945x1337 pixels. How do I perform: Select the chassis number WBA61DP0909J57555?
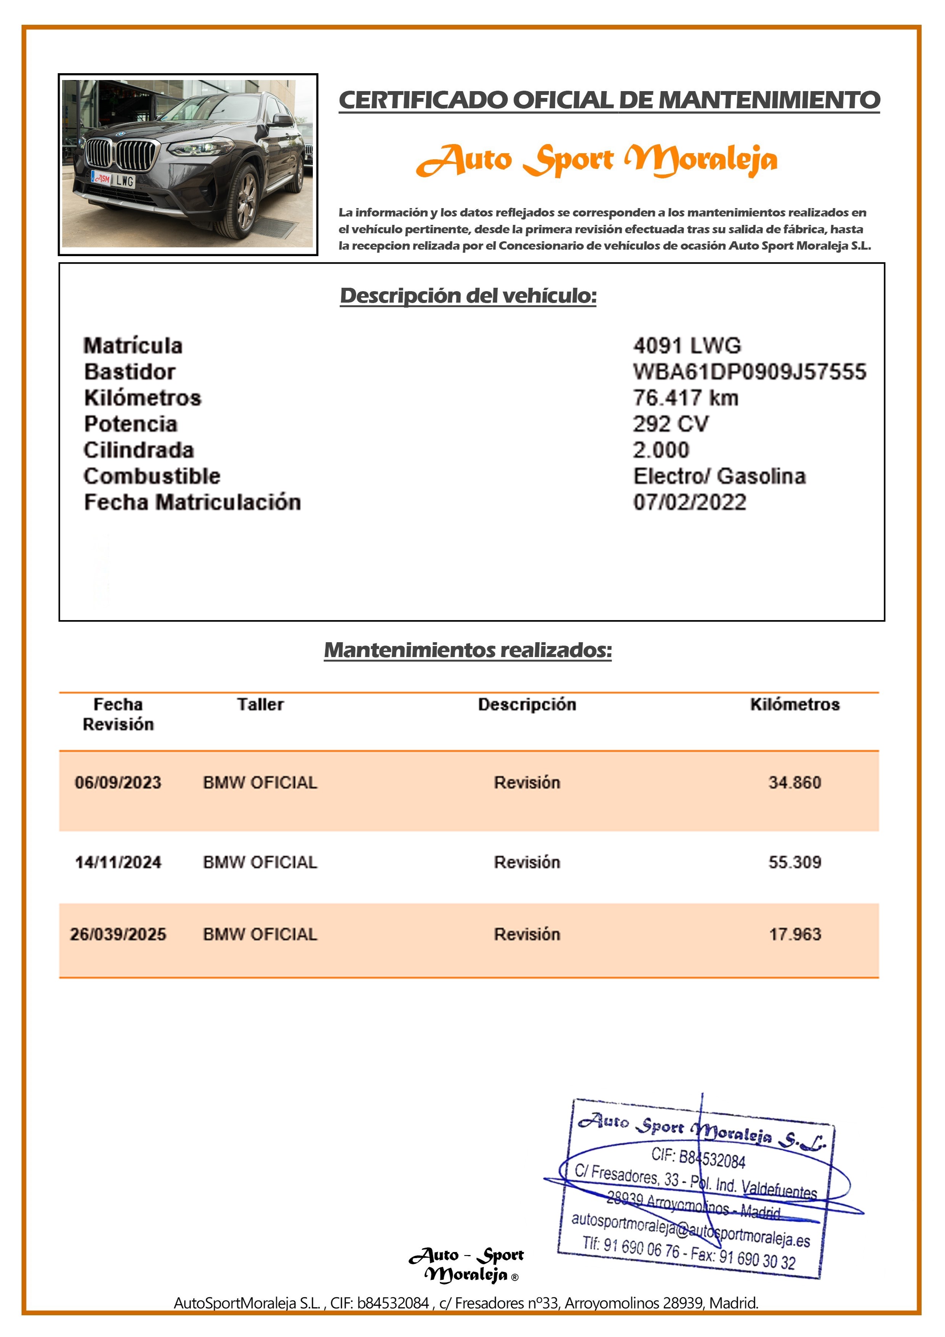click(x=750, y=372)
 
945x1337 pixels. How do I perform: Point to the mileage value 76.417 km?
click(x=685, y=398)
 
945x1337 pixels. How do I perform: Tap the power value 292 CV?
click(x=671, y=424)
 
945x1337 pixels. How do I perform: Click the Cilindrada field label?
click(x=139, y=450)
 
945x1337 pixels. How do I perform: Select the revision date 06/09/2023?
click(x=118, y=782)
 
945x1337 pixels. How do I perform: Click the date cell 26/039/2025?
click(x=118, y=934)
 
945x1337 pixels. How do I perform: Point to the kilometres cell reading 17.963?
click(x=795, y=934)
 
